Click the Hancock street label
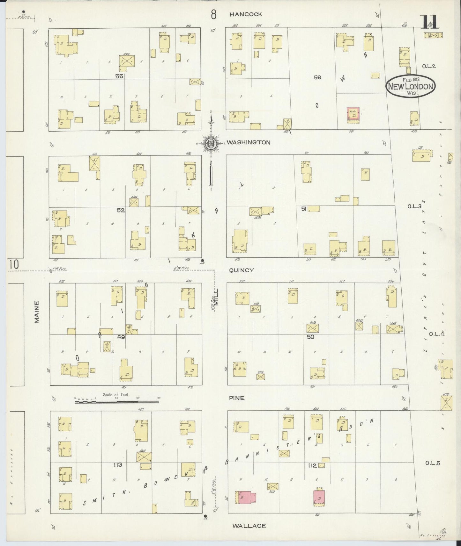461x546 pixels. (x=246, y=14)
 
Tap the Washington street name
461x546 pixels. (x=249, y=142)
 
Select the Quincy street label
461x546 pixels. (x=241, y=270)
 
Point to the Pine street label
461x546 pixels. (x=237, y=398)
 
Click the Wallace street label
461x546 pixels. (x=249, y=526)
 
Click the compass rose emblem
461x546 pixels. (x=211, y=144)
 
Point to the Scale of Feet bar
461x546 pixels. (x=117, y=402)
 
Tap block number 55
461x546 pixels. (x=119, y=76)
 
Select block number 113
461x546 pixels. (x=118, y=465)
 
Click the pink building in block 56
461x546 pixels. (x=353, y=115)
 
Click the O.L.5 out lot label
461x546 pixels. (x=432, y=463)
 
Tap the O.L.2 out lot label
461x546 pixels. (x=428, y=66)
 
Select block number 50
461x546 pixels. (x=310, y=337)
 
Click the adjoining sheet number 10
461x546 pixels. (x=14, y=264)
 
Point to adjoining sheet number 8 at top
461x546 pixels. (x=213, y=14)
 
